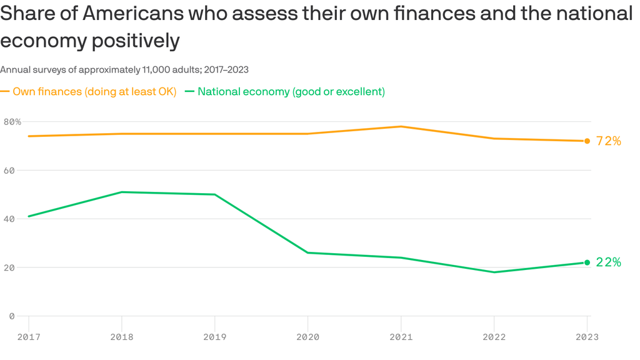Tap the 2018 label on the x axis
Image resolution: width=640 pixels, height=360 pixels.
pos(121,337)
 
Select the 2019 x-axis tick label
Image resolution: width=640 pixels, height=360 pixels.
pos(214,337)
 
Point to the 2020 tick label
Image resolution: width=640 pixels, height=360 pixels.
pos(307,337)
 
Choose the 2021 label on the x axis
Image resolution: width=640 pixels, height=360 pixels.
pos(401,337)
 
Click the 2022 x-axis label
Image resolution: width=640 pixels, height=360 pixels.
pos(494,337)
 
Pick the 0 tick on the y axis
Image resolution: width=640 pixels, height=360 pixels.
pos(11,316)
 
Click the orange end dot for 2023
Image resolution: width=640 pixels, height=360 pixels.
pos(587,141)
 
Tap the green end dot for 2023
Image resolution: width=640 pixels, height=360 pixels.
pos(587,262)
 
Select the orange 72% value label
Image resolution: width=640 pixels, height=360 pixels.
pos(609,141)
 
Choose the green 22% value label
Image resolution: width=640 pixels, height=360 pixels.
pos(609,262)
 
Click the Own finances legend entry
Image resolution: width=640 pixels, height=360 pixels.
pos(94,92)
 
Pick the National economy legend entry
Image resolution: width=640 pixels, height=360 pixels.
pos(291,92)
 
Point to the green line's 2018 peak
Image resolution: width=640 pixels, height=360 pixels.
pos(121,192)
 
